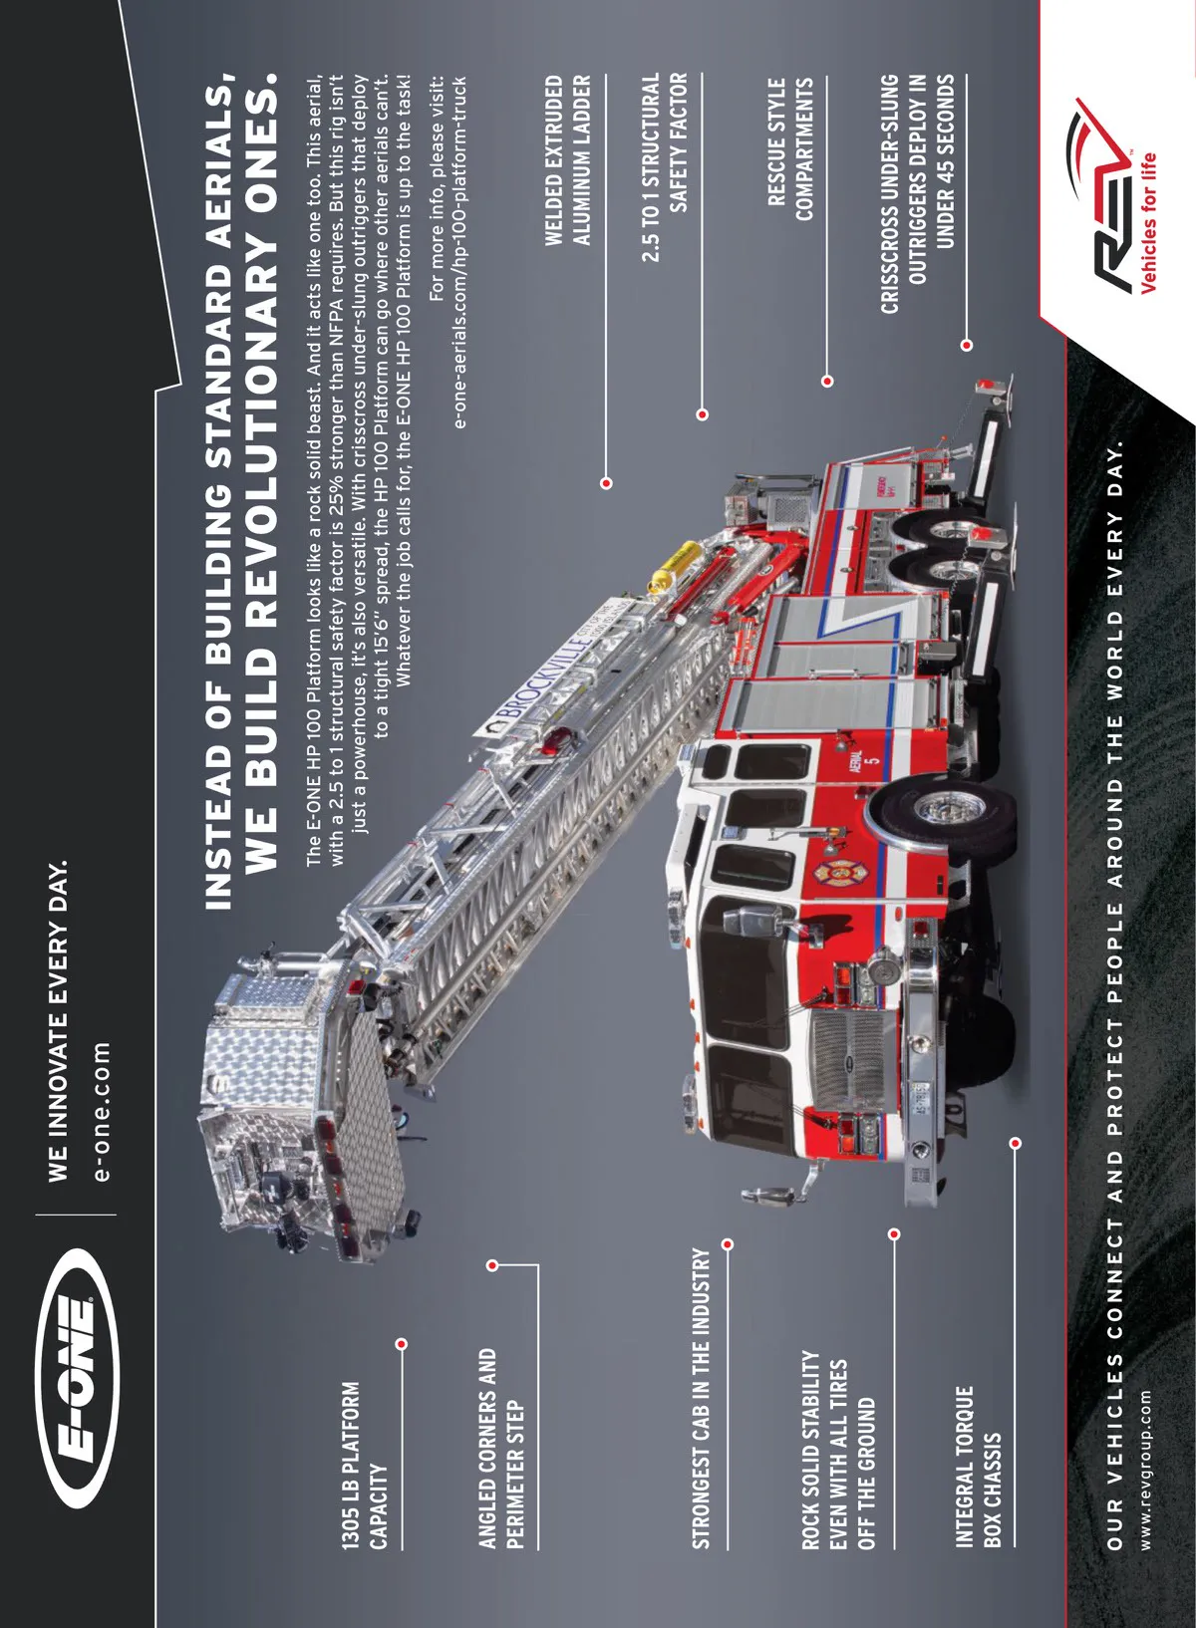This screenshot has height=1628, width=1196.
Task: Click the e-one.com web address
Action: [102, 1111]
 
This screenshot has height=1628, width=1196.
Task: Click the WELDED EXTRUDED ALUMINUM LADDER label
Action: [567, 159]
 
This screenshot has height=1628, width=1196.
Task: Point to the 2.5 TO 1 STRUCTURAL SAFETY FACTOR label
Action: [665, 166]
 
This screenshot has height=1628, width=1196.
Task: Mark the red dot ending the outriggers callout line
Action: [966, 345]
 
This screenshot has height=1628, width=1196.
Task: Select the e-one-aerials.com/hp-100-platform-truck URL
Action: [458, 251]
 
